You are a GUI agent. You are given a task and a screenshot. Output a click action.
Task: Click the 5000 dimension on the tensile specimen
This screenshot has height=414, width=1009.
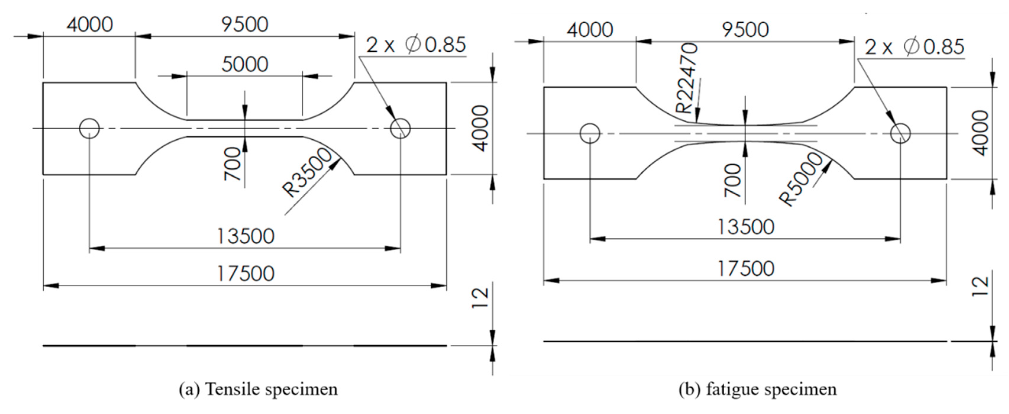[245, 64]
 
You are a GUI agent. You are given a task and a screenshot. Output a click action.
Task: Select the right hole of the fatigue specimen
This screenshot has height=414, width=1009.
[900, 133]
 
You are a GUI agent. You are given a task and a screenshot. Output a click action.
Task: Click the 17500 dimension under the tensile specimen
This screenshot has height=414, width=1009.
[245, 273]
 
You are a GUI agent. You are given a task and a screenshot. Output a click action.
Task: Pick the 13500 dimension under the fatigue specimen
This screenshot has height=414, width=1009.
[746, 227]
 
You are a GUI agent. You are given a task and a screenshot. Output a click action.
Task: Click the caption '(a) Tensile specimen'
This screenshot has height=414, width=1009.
[258, 389]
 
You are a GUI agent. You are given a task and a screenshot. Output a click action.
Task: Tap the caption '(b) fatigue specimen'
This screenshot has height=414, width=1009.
[758, 389]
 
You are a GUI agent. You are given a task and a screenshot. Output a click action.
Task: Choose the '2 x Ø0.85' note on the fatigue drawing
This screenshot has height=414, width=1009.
[914, 47]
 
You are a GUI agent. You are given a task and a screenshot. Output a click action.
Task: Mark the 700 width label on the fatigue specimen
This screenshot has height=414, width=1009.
[733, 180]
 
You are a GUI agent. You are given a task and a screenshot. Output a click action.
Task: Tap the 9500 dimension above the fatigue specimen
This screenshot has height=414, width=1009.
[746, 30]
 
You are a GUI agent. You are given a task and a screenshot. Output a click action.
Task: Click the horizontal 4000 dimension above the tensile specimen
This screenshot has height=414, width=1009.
[90, 25]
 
